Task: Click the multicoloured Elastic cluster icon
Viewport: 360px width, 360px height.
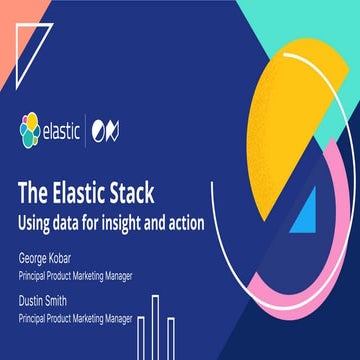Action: point(29,129)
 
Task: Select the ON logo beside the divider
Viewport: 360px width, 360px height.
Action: point(120,129)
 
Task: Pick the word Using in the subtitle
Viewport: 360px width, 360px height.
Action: point(39,221)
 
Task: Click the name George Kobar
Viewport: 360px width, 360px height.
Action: point(51,258)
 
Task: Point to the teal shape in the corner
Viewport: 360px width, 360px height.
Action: point(320,25)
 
